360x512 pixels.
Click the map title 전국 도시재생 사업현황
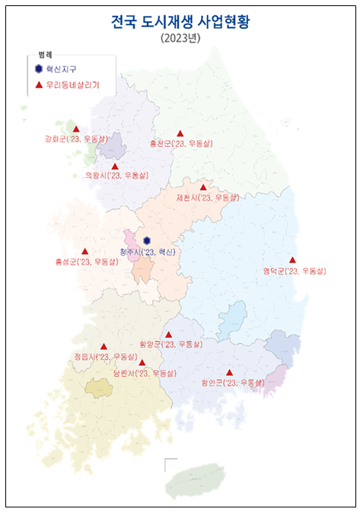pos(180,22)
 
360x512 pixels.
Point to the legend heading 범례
pos(45,56)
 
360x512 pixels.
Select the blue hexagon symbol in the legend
pos(39,68)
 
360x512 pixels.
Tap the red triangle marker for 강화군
pos(76,129)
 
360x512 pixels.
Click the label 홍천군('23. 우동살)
pos(181,143)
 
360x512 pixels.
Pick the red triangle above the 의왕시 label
pos(115,166)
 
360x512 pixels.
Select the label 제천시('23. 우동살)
pos(207,197)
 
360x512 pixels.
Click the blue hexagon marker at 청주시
pos(147,240)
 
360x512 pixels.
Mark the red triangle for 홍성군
pos(84,251)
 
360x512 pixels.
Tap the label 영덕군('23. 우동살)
pos(294,271)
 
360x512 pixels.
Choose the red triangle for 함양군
pos(169,334)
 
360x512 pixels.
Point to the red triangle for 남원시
pos(142,362)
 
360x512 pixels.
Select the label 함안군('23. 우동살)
pos(232,383)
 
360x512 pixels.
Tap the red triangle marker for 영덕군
pos(292,259)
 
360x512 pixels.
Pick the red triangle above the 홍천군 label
pos(180,133)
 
